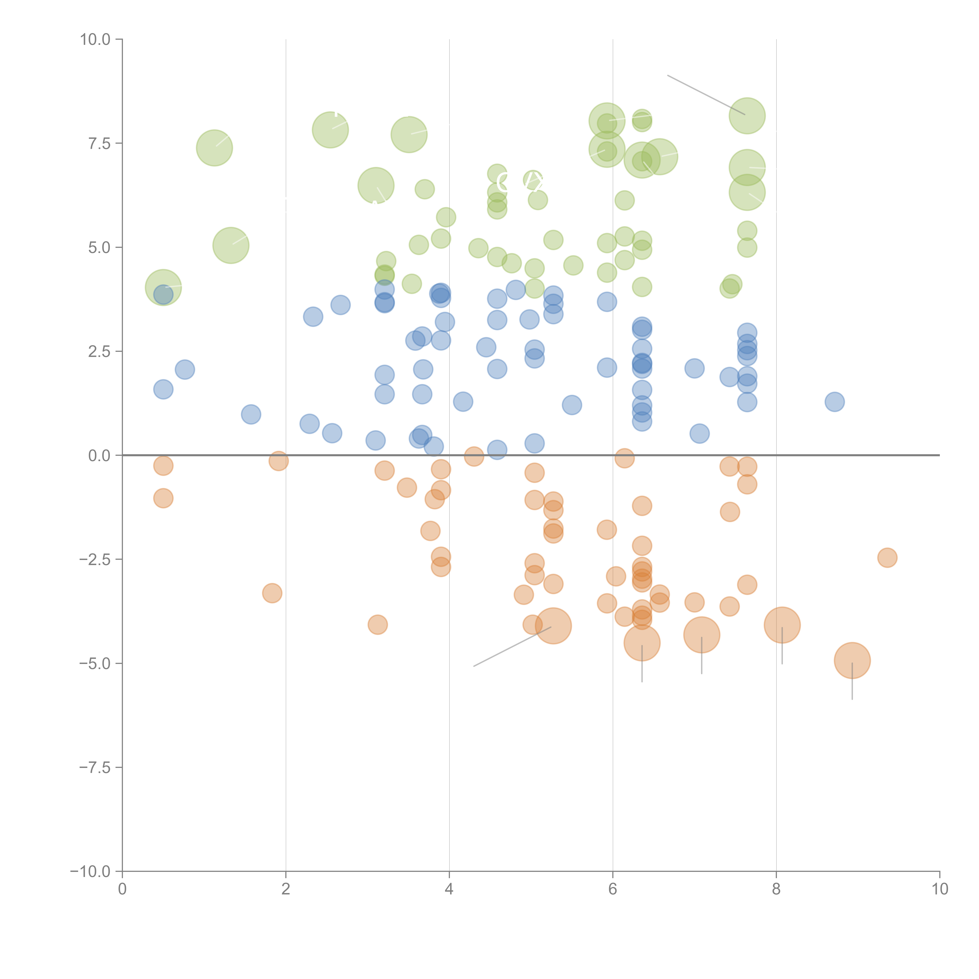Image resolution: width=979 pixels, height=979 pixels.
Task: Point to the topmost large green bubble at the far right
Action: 747,116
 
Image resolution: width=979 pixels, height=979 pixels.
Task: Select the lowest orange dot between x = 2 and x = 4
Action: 378,624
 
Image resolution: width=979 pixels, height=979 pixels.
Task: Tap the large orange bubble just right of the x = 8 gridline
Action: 782,625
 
